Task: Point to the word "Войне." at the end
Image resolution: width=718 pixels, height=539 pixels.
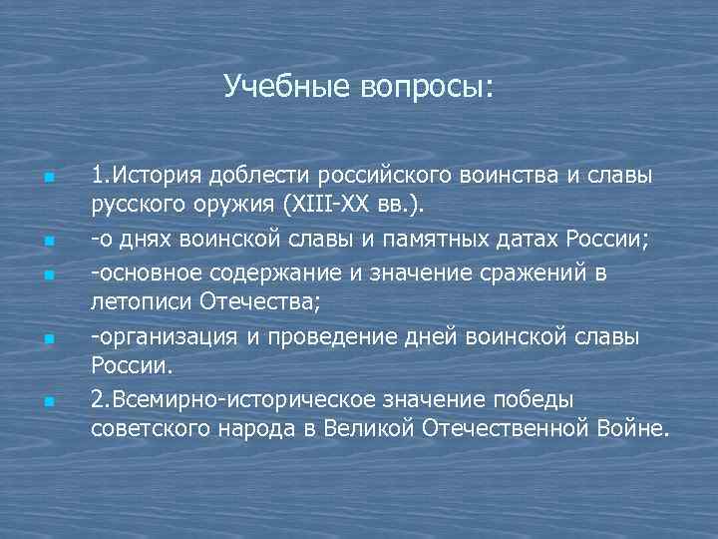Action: tap(635, 429)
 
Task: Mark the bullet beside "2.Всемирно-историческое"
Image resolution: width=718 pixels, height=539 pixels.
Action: tap(47, 401)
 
